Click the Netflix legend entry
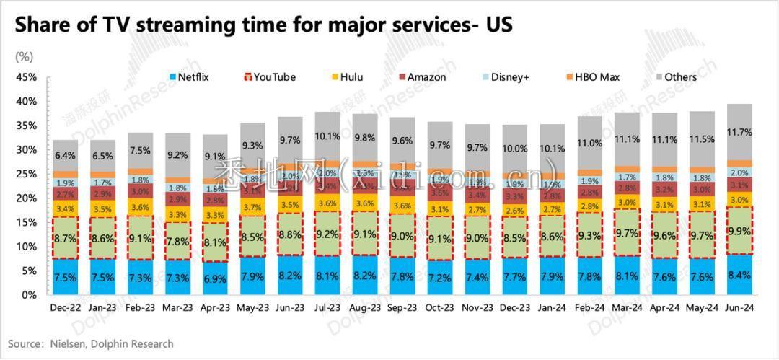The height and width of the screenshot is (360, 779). (x=188, y=77)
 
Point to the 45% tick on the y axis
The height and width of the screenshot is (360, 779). (x=27, y=77)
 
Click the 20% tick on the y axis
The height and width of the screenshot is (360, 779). (x=27, y=198)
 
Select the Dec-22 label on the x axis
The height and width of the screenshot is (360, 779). (x=66, y=308)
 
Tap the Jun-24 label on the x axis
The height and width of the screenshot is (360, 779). (x=741, y=308)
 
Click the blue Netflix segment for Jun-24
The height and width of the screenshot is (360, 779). (x=741, y=275)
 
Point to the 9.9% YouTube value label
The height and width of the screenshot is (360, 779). (x=741, y=231)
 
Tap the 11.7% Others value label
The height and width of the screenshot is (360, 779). (x=741, y=132)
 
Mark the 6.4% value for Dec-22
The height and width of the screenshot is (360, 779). (x=66, y=155)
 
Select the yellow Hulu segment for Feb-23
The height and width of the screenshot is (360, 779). (x=141, y=207)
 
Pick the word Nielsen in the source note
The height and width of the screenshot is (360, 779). (x=69, y=344)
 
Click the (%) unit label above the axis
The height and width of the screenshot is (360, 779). (x=24, y=56)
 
